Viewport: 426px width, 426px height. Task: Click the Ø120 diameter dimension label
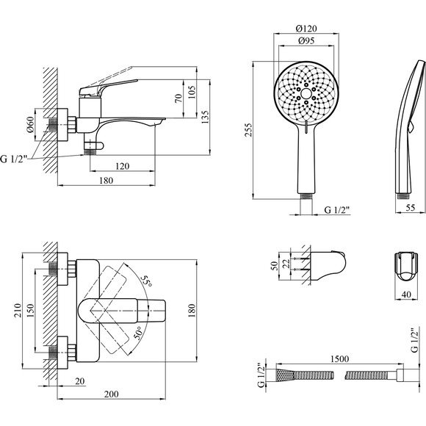click(306, 28)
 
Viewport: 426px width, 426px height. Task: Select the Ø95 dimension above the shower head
click(306, 40)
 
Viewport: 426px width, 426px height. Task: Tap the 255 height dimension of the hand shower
click(249, 130)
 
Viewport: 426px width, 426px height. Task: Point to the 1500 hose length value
click(339, 359)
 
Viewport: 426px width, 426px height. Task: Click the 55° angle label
click(147, 280)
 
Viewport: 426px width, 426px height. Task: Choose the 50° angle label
click(138, 333)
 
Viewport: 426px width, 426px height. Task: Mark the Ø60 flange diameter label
click(30, 124)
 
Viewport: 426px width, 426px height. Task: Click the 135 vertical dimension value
click(206, 117)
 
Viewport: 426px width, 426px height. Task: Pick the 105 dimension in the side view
click(192, 92)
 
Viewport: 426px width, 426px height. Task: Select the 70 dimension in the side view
click(178, 98)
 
